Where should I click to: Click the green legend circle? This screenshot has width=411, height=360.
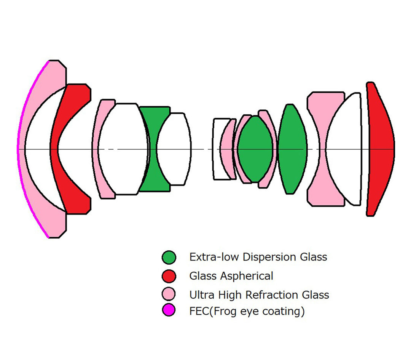coord(169,257)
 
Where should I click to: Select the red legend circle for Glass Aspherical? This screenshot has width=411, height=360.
coord(169,276)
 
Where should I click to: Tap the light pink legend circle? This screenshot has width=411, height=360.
coord(169,294)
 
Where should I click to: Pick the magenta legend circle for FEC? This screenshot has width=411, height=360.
coord(169,310)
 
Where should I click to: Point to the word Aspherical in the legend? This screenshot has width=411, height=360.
coord(247,276)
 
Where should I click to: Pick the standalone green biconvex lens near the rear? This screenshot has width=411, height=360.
coord(292,149)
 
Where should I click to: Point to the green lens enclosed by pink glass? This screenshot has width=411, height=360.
coord(255,149)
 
